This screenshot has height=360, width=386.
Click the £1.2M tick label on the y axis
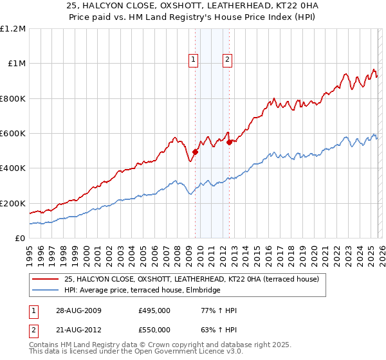(x=13, y=29)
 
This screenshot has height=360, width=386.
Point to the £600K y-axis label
(x=13, y=134)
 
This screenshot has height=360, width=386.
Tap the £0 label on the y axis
(x=19, y=239)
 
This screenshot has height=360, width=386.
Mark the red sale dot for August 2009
(x=195, y=152)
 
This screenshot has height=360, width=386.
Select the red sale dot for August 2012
(x=229, y=142)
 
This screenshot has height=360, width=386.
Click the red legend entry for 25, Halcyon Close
(x=192, y=279)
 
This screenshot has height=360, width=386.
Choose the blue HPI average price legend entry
(x=142, y=291)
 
